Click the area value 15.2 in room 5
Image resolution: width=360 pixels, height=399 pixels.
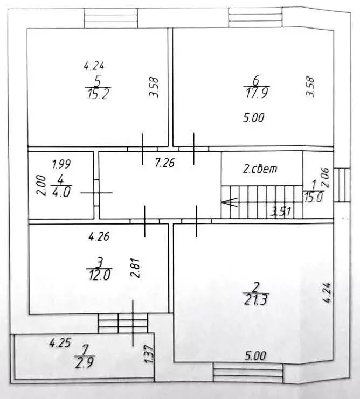pos(98,94)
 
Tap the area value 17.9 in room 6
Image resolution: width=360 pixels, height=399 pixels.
pos(257,93)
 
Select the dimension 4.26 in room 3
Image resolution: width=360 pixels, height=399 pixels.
pos(99,236)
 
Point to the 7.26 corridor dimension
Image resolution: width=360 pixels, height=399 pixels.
pos(165,163)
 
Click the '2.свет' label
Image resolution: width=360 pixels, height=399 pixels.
pos(260,169)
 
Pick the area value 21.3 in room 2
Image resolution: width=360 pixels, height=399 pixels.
pos(256,299)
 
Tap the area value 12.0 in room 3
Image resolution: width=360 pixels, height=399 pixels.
pos(99,275)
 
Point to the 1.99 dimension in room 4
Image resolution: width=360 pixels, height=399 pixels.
pos(61,164)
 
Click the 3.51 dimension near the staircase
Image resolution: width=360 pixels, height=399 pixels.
pos(280,212)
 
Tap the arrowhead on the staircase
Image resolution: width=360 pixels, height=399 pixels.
pos(229,202)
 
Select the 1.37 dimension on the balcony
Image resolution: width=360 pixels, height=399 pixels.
pos(149,354)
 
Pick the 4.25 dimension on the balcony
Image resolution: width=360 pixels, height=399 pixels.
pos(60,343)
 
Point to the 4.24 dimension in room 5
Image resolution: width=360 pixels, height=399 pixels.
pos(94,66)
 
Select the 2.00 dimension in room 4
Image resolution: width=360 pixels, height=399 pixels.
pos(42,186)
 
